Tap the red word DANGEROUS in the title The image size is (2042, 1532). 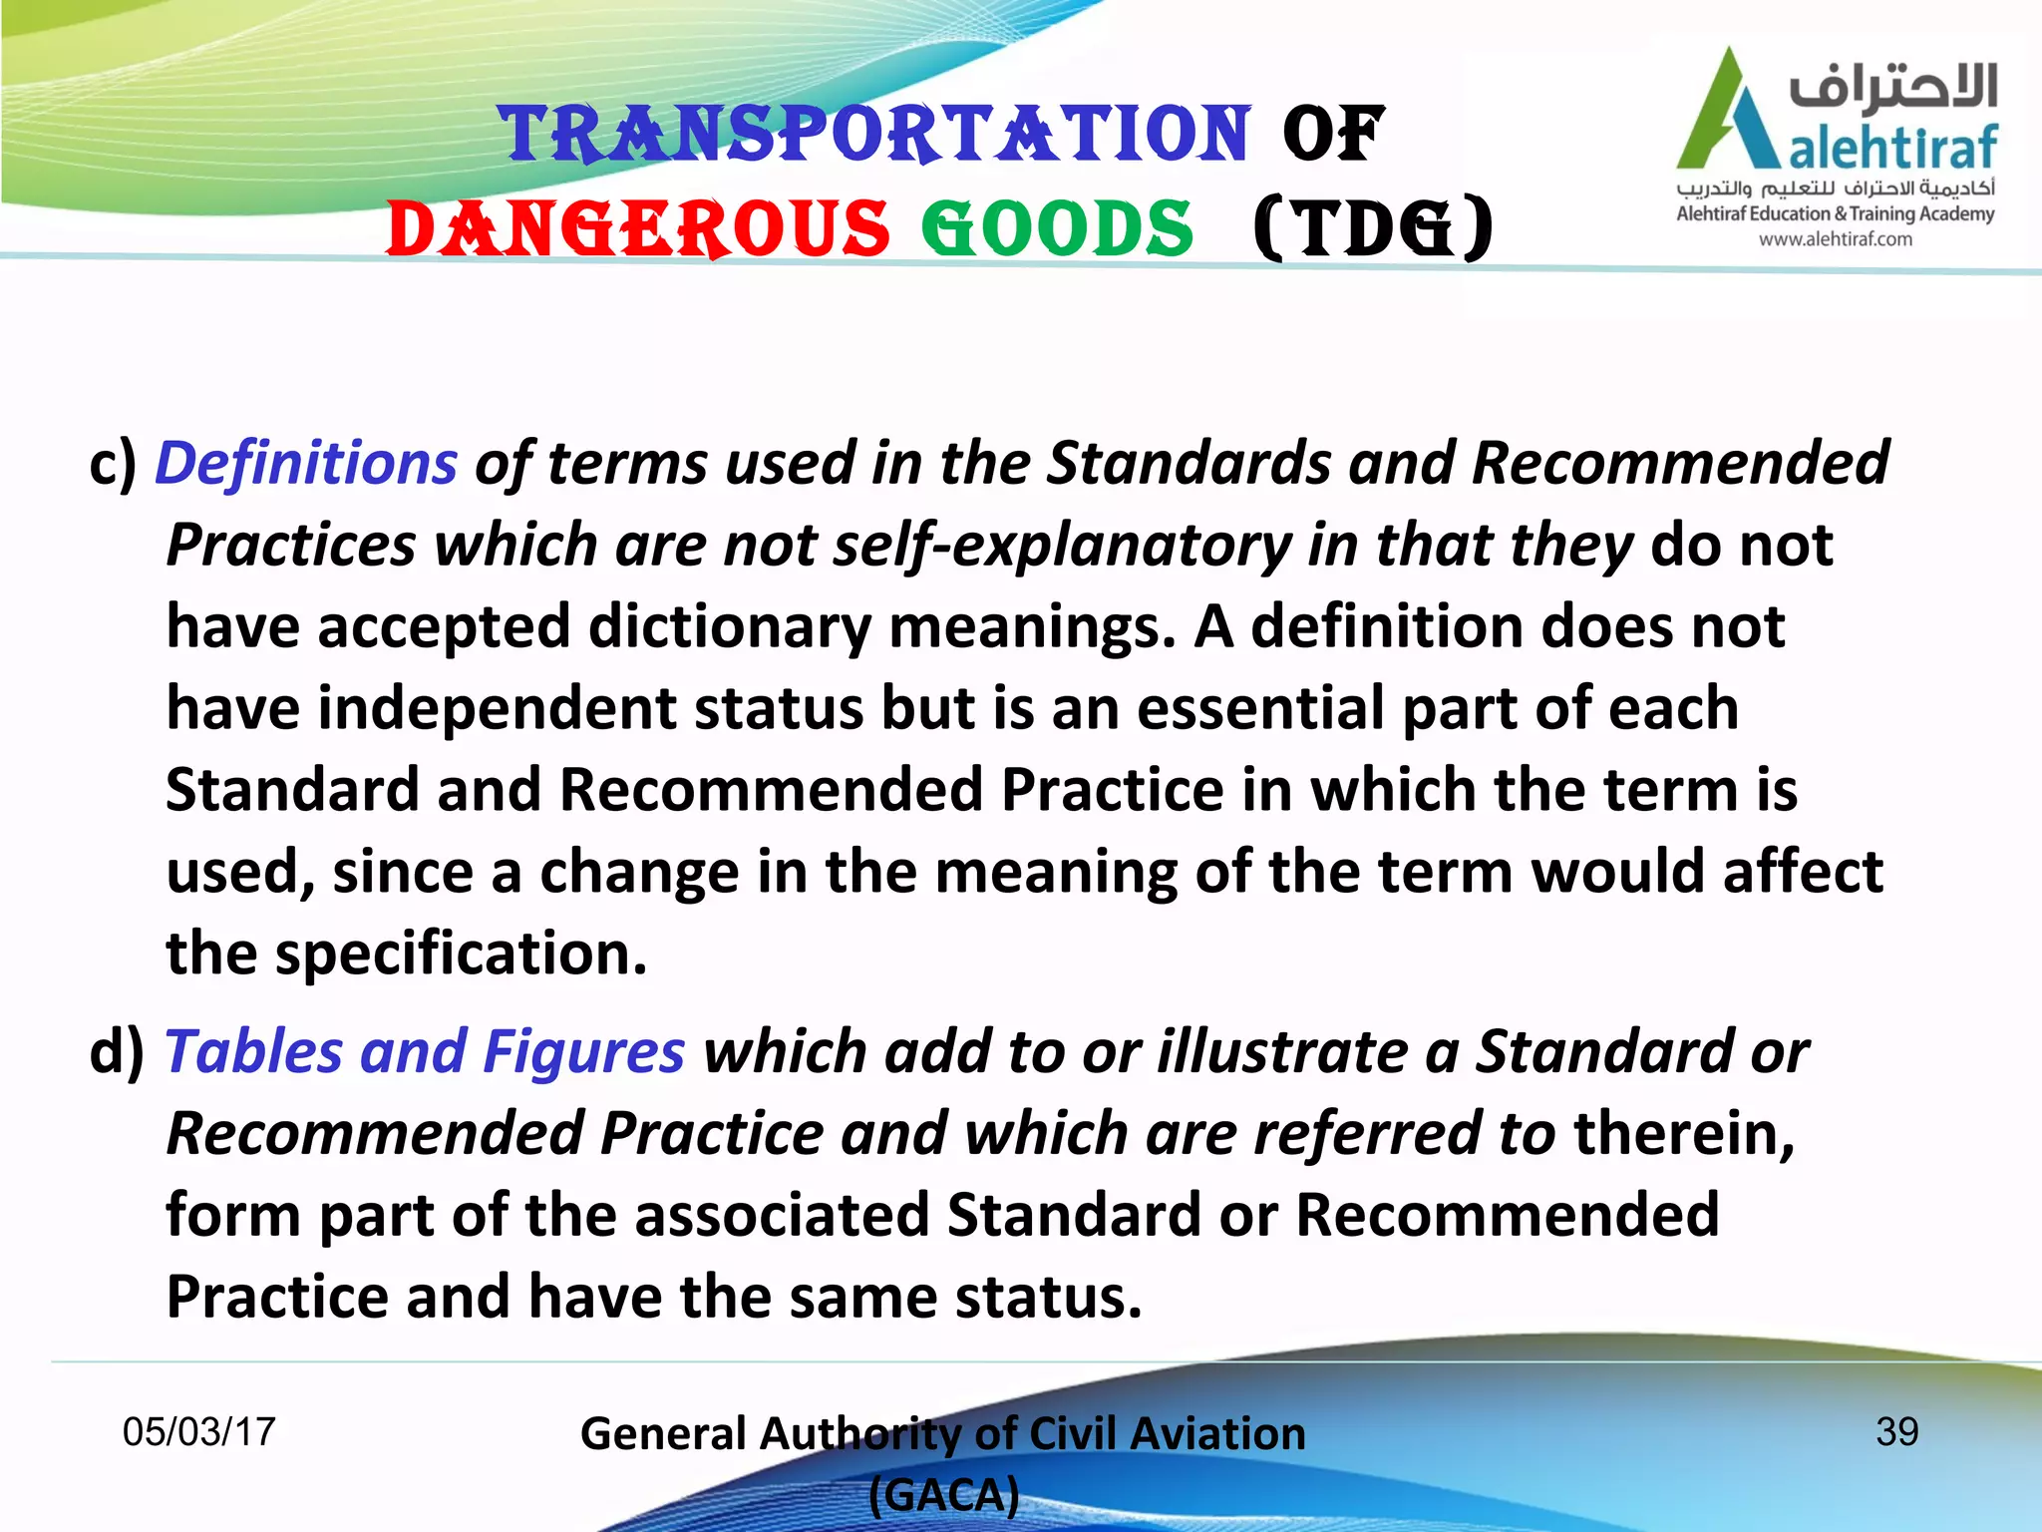tap(638, 229)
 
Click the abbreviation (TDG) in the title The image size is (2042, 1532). tap(1374, 229)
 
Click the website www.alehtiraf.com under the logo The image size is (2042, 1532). tap(1835, 239)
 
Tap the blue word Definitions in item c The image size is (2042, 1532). tap(306, 464)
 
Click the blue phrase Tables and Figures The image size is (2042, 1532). tap(425, 1052)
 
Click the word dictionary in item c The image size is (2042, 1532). tap(730, 628)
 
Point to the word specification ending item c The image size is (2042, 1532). tap(461, 955)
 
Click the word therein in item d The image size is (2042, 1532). tap(1683, 1134)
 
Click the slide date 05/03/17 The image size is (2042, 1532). tap(198, 1432)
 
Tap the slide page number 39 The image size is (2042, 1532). tap(1896, 1432)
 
